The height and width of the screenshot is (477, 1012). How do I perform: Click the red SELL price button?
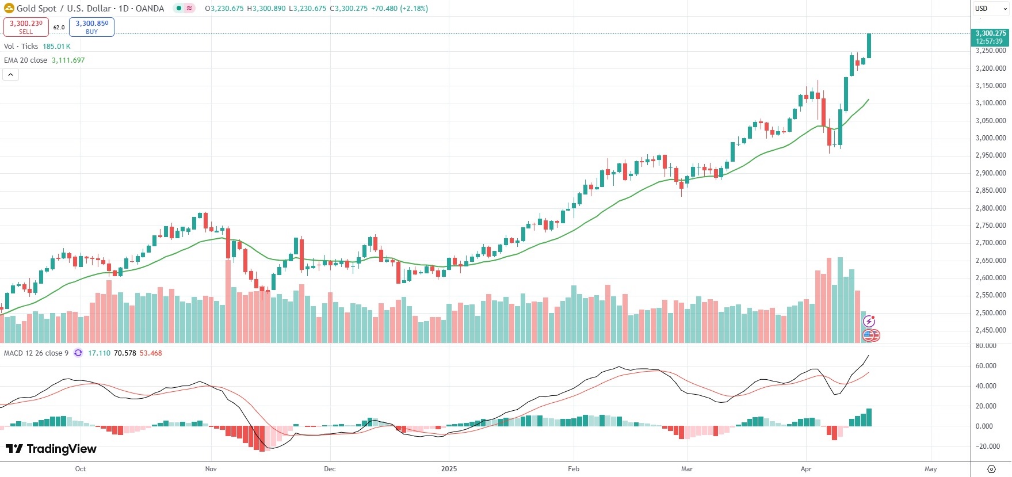[x=26, y=26]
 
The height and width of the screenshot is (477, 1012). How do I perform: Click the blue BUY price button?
[x=91, y=26]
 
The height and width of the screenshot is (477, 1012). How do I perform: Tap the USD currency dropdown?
[x=991, y=9]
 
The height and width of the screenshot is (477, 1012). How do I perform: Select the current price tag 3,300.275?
[x=991, y=37]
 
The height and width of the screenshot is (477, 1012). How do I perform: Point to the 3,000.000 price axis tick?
[x=991, y=138]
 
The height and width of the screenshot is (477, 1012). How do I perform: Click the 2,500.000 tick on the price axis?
[x=991, y=313]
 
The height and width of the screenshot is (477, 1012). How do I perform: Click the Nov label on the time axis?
[x=211, y=469]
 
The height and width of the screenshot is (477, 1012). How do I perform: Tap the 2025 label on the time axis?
[x=449, y=469]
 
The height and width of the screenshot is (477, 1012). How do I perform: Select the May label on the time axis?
[x=930, y=469]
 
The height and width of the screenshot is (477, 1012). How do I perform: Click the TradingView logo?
[x=51, y=449]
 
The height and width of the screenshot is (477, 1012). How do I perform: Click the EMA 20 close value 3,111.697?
[x=68, y=60]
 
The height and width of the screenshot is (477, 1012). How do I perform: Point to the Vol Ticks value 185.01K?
[x=56, y=47]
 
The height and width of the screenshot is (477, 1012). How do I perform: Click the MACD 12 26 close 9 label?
[x=36, y=353]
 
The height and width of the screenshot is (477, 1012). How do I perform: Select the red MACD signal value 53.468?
[x=151, y=353]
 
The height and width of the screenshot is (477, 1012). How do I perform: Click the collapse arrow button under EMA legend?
[x=10, y=75]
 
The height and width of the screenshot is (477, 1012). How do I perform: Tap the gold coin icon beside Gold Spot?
[x=9, y=9]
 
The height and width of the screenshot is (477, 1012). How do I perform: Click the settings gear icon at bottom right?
[x=991, y=469]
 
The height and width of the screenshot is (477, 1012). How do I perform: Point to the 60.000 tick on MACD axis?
[x=986, y=366]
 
